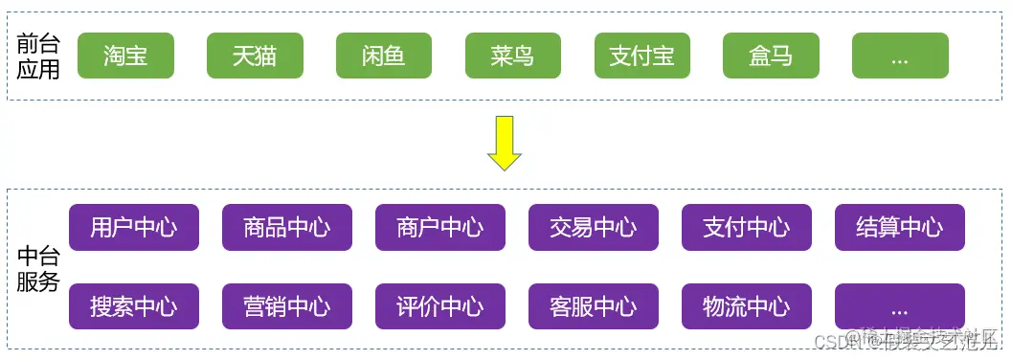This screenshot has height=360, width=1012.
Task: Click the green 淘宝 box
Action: [125, 56]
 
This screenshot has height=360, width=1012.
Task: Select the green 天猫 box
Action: [255, 56]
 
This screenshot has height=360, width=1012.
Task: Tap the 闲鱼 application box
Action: [384, 56]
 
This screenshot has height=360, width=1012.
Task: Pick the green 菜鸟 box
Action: [513, 56]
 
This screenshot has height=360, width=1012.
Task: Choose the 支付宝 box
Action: [642, 56]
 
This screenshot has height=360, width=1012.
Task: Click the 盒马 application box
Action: [772, 56]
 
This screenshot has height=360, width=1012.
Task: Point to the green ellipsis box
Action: [900, 56]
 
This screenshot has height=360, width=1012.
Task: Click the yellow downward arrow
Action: [504, 143]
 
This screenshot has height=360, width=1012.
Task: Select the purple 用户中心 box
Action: [134, 227]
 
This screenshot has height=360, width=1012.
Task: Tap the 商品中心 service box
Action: [287, 227]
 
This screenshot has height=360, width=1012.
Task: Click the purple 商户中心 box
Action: [440, 227]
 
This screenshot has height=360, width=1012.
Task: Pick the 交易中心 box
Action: [594, 227]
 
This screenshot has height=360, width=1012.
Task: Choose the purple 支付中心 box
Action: [747, 227]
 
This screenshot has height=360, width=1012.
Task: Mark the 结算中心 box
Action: [900, 227]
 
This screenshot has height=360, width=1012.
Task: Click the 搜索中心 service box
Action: [134, 306]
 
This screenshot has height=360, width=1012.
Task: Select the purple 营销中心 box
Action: [287, 306]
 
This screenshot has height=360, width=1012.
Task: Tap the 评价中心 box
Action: [440, 306]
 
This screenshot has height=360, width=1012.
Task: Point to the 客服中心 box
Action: [594, 306]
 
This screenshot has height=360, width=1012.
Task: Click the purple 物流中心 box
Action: [747, 306]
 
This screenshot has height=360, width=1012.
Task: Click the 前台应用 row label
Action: [38, 56]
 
